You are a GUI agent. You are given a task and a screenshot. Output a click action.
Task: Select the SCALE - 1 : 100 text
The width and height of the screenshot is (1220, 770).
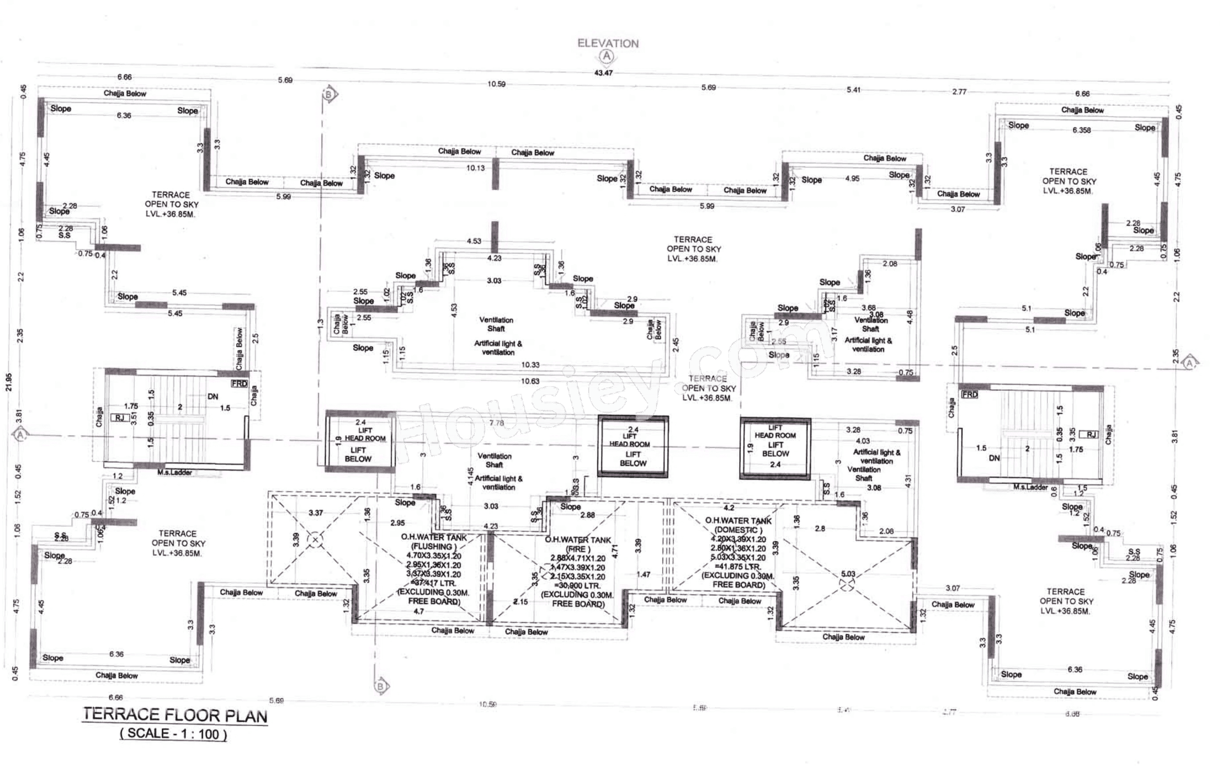click(x=173, y=734)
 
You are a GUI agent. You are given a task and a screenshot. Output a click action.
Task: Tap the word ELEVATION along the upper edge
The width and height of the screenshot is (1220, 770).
click(x=608, y=43)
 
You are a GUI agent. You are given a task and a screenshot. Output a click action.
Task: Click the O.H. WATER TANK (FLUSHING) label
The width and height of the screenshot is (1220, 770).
click(x=434, y=542)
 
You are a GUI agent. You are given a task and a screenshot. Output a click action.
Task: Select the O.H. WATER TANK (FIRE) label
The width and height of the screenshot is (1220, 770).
click(x=577, y=544)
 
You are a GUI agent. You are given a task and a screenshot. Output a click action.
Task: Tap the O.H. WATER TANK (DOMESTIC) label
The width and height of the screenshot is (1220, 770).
click(x=738, y=525)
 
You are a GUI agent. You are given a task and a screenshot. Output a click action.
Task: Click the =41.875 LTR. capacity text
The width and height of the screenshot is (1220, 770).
click(x=738, y=567)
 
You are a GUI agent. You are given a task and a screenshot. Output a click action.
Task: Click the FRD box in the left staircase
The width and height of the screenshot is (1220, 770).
click(x=239, y=384)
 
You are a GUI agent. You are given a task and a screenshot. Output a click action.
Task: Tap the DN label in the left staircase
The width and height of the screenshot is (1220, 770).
click(x=213, y=396)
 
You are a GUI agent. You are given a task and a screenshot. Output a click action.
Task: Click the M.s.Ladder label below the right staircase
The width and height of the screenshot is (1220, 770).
click(x=1030, y=487)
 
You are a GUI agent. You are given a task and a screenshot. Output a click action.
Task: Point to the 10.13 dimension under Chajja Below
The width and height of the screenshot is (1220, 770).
click(x=475, y=168)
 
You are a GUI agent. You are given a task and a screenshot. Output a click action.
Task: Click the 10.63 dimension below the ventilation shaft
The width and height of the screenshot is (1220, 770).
click(x=530, y=381)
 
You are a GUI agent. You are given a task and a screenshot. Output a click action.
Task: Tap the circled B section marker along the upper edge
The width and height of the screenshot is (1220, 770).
click(x=329, y=94)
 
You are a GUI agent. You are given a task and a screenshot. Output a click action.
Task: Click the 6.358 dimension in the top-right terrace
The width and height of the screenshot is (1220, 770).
click(x=1081, y=130)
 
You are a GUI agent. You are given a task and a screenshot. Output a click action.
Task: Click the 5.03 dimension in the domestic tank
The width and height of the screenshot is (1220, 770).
click(x=848, y=574)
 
